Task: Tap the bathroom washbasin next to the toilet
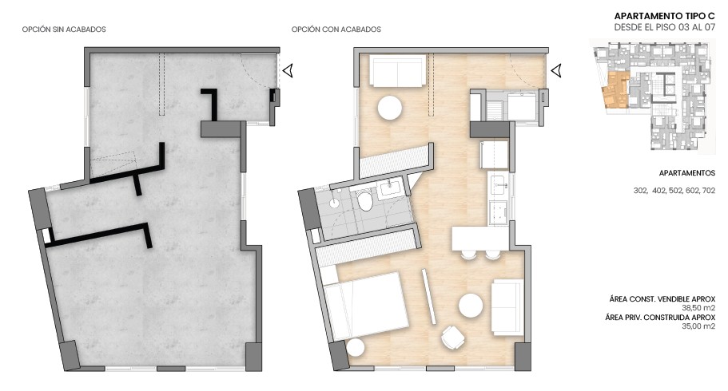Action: tap(392, 189)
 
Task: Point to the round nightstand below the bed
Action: tap(355, 348)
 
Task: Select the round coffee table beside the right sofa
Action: tap(470, 305)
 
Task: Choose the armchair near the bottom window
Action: tap(455, 338)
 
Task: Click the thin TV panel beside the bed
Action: tap(429, 296)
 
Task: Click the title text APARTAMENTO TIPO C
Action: tap(664, 15)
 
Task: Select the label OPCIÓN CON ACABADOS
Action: tap(336, 30)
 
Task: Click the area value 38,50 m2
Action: tap(698, 308)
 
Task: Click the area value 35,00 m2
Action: tap(698, 326)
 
